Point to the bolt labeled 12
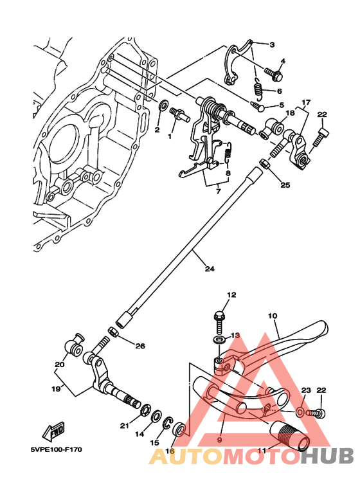(219, 320)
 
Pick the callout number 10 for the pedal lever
(273, 316)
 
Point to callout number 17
(306, 102)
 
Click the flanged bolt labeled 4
(276, 75)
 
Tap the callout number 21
(125, 426)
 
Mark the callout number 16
(170, 453)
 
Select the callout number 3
(272, 44)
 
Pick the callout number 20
(60, 365)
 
